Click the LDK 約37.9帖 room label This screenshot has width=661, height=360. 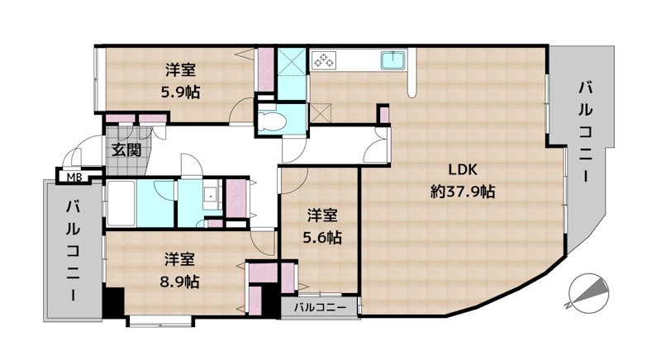462,182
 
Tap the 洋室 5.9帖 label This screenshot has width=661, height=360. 180,79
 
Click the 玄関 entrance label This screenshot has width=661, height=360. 126,149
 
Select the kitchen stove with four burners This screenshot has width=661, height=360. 323,60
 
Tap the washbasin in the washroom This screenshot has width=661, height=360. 210,197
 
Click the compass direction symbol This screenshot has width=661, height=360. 590,291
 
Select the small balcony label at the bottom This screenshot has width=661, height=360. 319,307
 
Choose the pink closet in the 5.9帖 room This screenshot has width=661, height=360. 266,71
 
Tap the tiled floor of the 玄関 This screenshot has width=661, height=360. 124,164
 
